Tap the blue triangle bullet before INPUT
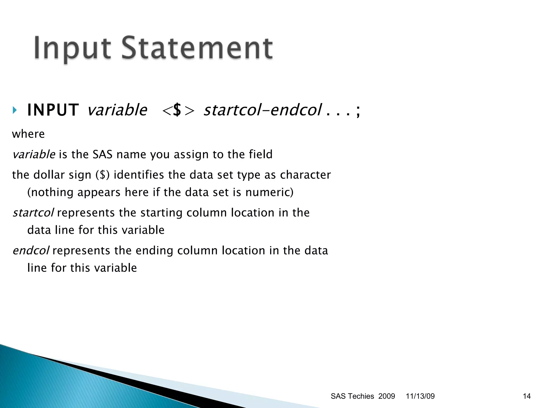point(15,110)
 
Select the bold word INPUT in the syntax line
point(53,110)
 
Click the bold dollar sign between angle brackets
point(177,110)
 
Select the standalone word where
point(28,134)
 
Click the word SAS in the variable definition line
point(103,154)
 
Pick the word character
point(305,175)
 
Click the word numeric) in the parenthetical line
point(269,192)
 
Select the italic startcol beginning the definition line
point(33,213)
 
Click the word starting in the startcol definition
point(161,213)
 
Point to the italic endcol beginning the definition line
point(31,251)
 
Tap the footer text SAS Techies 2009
point(363,396)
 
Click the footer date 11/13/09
point(420,396)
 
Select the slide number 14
point(526,396)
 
